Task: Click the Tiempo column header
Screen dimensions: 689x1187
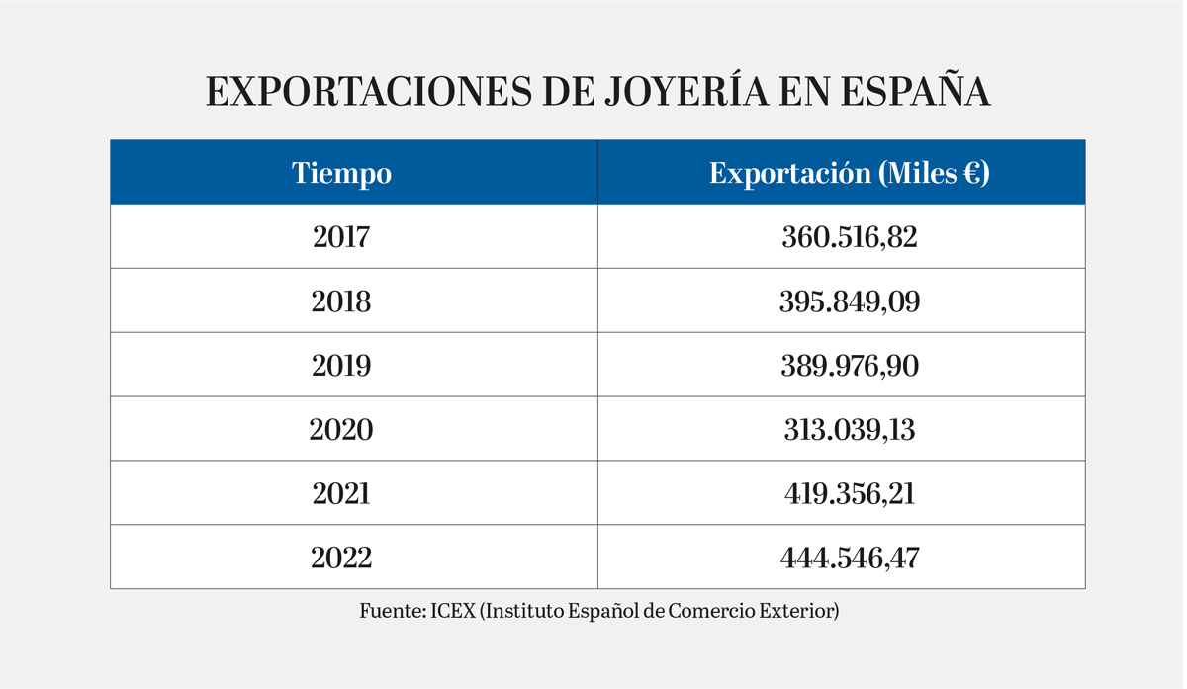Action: [341, 174]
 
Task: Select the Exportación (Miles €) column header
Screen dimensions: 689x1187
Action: [849, 174]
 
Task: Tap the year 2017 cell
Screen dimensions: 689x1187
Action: [341, 237]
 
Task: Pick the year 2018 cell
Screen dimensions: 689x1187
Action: [341, 301]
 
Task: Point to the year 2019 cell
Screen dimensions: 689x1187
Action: [341, 366]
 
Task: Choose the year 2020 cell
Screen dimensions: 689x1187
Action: [341, 430]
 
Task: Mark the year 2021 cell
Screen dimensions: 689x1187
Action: [341, 493]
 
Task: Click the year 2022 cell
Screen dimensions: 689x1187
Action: [341, 558]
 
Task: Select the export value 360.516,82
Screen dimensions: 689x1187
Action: [849, 237]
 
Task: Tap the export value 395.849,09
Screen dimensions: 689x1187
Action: [849, 301]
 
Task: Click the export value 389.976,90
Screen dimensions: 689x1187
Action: [849, 366]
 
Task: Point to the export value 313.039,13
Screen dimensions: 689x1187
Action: [849, 430]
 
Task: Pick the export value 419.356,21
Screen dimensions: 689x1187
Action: [849, 493]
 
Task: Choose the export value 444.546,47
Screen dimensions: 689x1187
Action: [849, 558]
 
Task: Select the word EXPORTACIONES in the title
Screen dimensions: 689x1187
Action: [365, 91]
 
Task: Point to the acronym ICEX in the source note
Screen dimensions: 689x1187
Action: [453, 611]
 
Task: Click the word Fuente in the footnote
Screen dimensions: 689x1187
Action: [390, 611]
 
